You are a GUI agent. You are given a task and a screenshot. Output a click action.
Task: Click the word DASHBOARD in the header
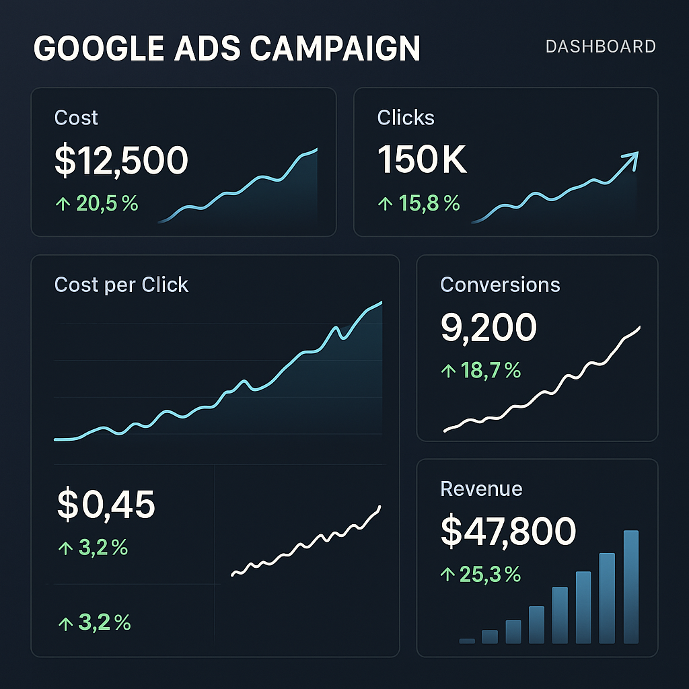[600, 46]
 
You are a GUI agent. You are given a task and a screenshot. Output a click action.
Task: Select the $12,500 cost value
[121, 161]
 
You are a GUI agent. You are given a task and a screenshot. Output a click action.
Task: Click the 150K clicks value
[422, 161]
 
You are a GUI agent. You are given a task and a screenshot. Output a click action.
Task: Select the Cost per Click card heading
[121, 285]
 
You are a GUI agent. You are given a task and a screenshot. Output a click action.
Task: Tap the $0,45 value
[106, 505]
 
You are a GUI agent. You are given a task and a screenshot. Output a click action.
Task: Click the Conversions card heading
[500, 285]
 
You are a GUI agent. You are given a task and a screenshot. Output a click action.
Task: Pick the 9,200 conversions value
[488, 328]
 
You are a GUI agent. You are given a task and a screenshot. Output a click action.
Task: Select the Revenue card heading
[481, 488]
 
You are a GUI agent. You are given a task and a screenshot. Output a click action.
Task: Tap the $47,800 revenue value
[508, 531]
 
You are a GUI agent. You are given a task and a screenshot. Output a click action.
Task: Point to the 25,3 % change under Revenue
[489, 574]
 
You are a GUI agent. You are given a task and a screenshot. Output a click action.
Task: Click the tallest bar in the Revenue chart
[630, 587]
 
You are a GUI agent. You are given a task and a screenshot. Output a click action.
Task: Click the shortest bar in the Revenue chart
[467, 641]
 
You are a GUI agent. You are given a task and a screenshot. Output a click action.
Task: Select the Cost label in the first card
[76, 118]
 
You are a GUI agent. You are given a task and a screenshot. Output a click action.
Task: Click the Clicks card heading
[406, 118]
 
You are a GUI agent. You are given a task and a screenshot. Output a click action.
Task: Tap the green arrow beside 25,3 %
[447, 574]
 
